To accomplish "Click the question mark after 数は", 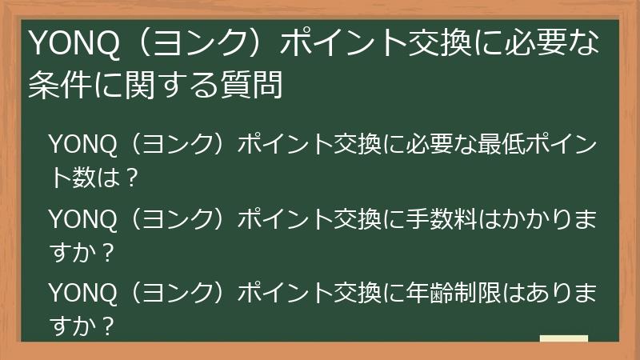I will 132,178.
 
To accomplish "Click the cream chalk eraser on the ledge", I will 563,339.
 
